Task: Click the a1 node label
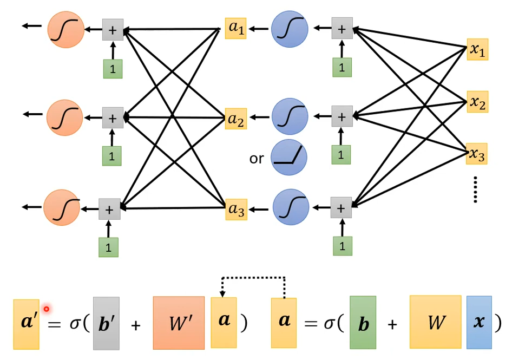236,28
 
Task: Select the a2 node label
236,118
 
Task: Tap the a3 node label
236,209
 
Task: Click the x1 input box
477,50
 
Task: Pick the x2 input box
477,102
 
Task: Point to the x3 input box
477,154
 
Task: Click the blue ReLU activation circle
289,158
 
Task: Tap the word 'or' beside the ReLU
257,159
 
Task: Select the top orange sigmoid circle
66,29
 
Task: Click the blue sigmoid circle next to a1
290,28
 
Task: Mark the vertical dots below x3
476,189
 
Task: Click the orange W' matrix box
178,323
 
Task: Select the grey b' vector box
106,323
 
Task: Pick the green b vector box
363,323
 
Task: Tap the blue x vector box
479,323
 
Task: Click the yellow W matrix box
436,323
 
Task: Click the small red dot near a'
47,309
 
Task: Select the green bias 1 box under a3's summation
341,247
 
